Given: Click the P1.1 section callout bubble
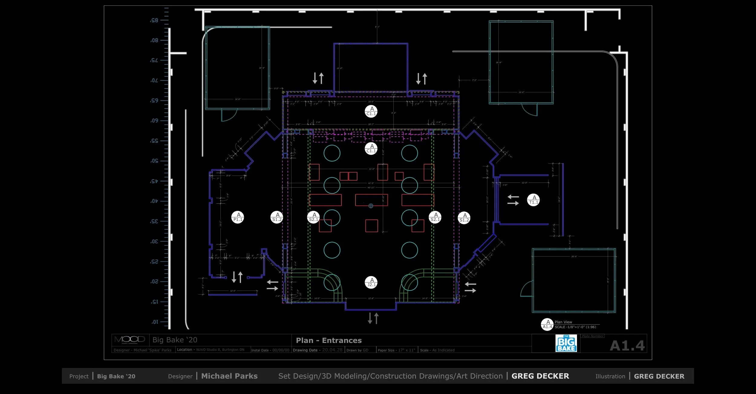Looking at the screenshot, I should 238,217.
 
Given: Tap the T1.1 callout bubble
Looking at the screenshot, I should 533,200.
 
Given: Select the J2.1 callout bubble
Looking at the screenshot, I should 371,282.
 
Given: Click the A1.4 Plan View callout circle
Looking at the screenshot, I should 547,325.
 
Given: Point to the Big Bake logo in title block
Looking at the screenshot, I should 566,343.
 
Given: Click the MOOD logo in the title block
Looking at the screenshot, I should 130,340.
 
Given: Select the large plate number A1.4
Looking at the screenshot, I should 627,346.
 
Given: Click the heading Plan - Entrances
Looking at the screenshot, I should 329,341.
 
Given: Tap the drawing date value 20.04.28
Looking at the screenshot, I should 332,350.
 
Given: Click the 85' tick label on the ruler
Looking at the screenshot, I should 155,21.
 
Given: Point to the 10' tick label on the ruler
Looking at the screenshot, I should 155,322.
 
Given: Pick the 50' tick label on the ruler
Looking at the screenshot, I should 155,161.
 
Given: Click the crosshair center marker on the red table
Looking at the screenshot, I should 371,206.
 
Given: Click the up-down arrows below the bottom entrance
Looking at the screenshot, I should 373,318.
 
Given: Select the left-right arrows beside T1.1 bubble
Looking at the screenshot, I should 513,200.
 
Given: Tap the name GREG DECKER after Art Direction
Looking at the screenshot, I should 540,376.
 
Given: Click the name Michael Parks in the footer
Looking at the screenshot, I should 229,376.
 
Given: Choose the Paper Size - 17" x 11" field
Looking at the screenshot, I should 396,350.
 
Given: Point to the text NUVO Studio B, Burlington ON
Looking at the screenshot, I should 220,350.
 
